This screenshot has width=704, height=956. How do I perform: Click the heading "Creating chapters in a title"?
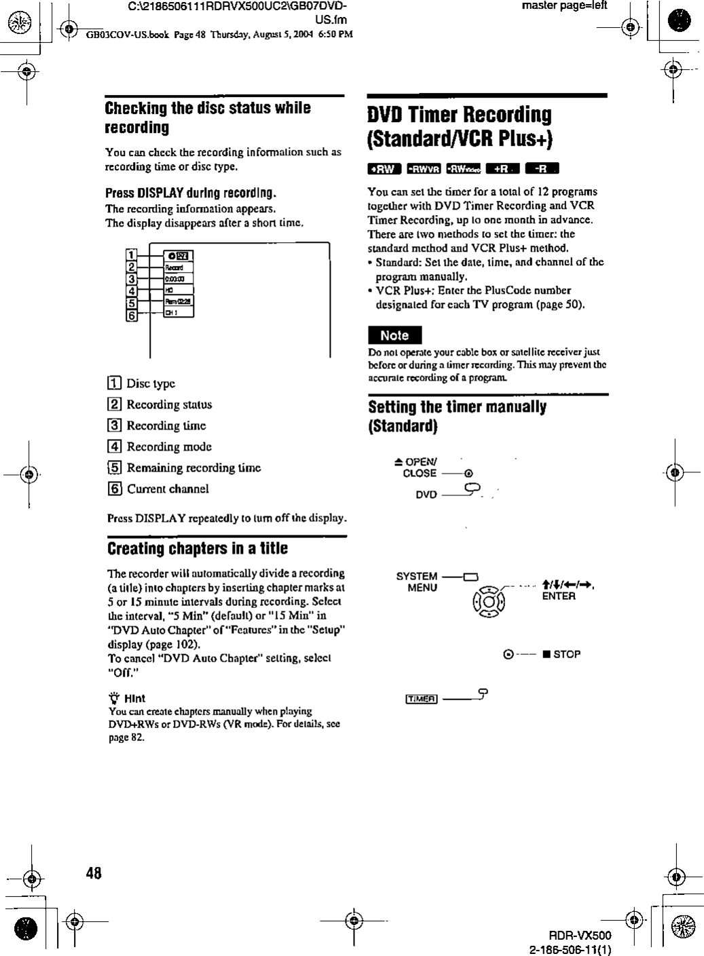coord(198,548)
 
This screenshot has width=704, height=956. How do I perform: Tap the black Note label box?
coord(394,335)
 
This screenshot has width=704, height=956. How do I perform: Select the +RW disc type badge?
coord(384,169)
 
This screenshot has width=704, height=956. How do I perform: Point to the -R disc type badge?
coord(545,169)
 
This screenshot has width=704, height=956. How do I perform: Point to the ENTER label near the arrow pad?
coord(559,596)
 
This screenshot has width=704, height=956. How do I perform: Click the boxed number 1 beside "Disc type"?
coord(115,384)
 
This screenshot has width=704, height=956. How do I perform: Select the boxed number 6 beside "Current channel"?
coord(115,489)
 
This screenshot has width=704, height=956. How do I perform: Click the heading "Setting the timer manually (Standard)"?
coord(457,417)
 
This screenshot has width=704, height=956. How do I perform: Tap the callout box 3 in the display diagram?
coord(132,279)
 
